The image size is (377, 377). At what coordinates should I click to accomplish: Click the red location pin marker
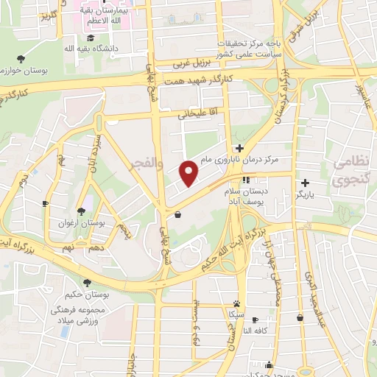190,173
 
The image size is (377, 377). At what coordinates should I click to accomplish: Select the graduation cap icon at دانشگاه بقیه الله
90,38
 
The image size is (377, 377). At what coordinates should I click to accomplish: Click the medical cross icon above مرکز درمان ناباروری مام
239,148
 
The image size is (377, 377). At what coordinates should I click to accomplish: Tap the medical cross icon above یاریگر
305,183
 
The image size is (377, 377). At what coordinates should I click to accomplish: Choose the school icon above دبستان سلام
246,180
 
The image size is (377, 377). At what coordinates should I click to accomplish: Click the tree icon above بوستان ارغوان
80,211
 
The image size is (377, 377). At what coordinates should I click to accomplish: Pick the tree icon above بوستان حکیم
87,282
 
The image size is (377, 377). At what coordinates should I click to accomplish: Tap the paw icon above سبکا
236,303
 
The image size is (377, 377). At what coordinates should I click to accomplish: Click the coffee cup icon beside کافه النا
255,320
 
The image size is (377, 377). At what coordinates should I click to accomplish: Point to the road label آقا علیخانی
194,114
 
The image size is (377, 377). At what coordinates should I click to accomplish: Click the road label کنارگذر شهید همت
200,79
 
